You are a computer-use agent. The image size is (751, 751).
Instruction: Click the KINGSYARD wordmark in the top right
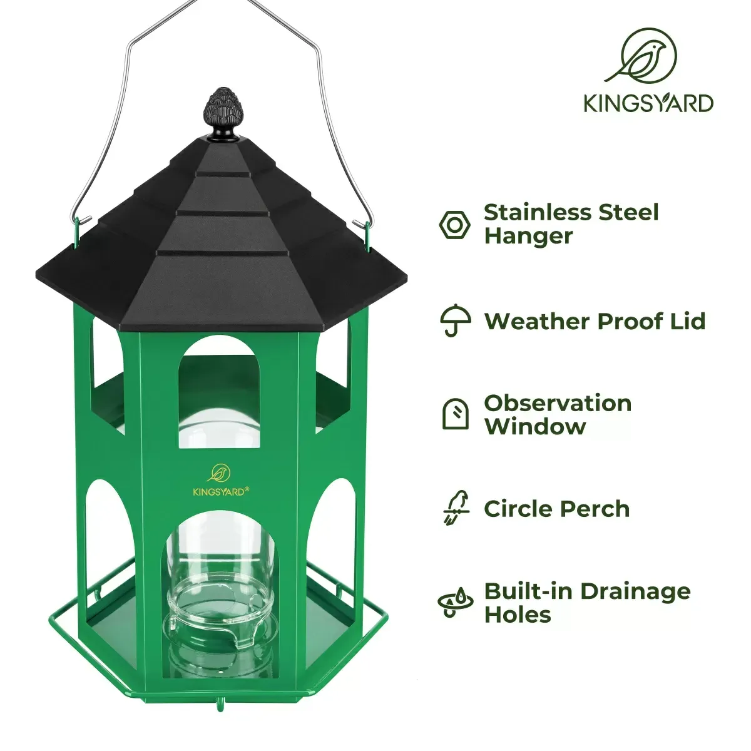tap(649, 103)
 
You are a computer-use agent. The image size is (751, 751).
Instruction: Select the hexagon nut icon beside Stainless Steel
tap(455, 225)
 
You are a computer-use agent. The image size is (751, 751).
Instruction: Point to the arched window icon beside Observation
tap(455, 414)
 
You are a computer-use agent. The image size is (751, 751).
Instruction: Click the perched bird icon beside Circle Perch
tap(455, 508)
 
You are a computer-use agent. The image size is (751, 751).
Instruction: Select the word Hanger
tap(528, 237)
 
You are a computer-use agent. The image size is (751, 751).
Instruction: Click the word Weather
tap(536, 322)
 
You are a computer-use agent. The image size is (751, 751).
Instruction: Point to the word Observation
tap(558, 403)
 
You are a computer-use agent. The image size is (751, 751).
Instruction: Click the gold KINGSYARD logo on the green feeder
tap(220, 481)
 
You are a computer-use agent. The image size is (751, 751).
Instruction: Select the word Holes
tap(518, 615)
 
